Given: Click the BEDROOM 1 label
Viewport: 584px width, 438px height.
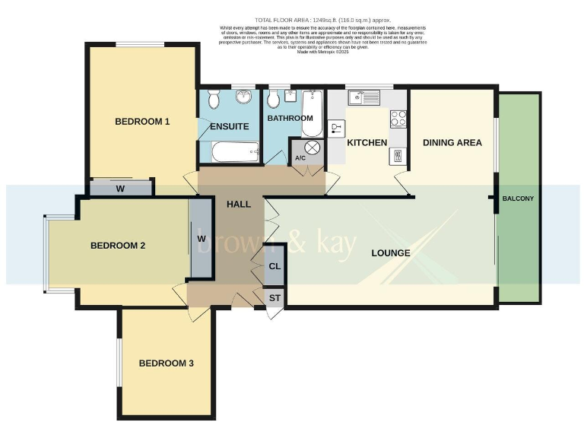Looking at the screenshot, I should tap(142, 121).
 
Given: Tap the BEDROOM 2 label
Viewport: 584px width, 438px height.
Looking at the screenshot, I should tap(118, 246).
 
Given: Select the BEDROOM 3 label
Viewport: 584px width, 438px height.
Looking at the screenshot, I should tap(166, 363).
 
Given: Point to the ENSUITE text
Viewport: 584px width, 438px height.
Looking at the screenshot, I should tap(230, 126).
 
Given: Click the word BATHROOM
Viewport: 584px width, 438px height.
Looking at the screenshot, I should tap(290, 118).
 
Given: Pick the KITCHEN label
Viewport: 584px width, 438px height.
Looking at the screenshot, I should tap(367, 142).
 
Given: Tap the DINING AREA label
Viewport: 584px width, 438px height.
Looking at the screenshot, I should tap(452, 142).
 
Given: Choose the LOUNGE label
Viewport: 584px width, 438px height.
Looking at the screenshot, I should tap(392, 252).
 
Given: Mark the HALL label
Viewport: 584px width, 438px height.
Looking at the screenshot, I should tap(239, 204).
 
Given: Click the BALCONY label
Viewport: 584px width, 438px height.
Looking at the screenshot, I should tap(518, 199).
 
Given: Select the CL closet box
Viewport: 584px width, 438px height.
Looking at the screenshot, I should tap(275, 267).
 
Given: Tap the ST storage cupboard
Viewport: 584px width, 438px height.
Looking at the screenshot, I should tap(275, 298).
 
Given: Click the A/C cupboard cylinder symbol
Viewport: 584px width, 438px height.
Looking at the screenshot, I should tap(311, 148).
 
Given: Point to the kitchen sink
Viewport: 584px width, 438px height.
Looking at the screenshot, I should tap(364, 98).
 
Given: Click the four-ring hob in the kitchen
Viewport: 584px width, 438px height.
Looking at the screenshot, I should tap(398, 119).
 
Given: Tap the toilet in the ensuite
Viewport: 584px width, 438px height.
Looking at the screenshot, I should tap(214, 100).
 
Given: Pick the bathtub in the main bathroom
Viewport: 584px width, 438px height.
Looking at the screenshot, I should tap(312, 114).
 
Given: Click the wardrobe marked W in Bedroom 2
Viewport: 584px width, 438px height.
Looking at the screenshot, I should tap(202, 238).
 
